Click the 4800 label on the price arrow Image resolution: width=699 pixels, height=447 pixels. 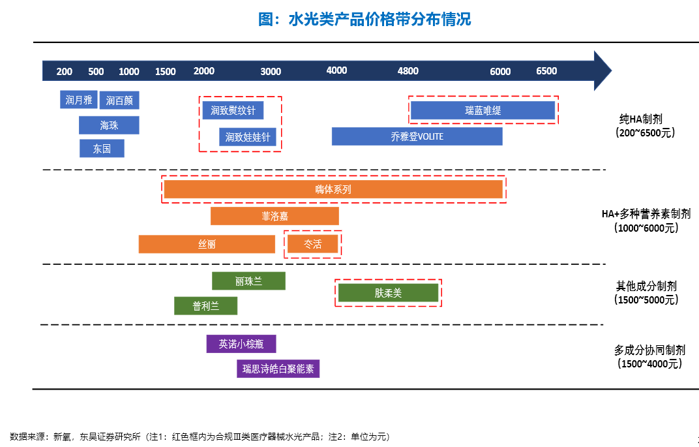pos(408,71)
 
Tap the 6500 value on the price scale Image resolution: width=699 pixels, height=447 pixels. pos(546,71)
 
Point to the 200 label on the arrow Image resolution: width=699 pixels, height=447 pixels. pos(64,71)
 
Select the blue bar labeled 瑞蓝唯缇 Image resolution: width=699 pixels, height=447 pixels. pos(483,110)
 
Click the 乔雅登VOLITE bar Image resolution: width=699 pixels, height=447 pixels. pos(417,136)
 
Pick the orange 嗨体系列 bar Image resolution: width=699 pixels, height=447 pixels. pos(333,189)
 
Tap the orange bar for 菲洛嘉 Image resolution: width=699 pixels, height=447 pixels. pos(275,217)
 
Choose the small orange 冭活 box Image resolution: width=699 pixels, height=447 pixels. pos(312,244)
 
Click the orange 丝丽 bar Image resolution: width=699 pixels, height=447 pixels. pos(207,244)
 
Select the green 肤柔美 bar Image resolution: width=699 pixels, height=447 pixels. pos(388,292)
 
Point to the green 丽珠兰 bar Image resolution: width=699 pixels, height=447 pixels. pos(248,281)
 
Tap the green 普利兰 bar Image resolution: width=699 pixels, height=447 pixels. pos(205,306)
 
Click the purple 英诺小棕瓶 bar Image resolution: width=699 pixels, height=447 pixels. pos(241,344)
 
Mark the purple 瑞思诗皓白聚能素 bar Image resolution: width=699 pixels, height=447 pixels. pos(278,369)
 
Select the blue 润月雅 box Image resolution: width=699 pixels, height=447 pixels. pos(79,99)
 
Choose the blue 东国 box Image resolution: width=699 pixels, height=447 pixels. pos(102,149)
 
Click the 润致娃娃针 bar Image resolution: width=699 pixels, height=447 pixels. pos(247,137)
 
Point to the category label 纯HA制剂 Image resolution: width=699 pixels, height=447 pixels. pos(640,119)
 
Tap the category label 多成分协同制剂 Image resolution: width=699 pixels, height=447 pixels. pos(649,350)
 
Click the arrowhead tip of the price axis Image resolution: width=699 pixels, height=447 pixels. pos(612,70)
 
